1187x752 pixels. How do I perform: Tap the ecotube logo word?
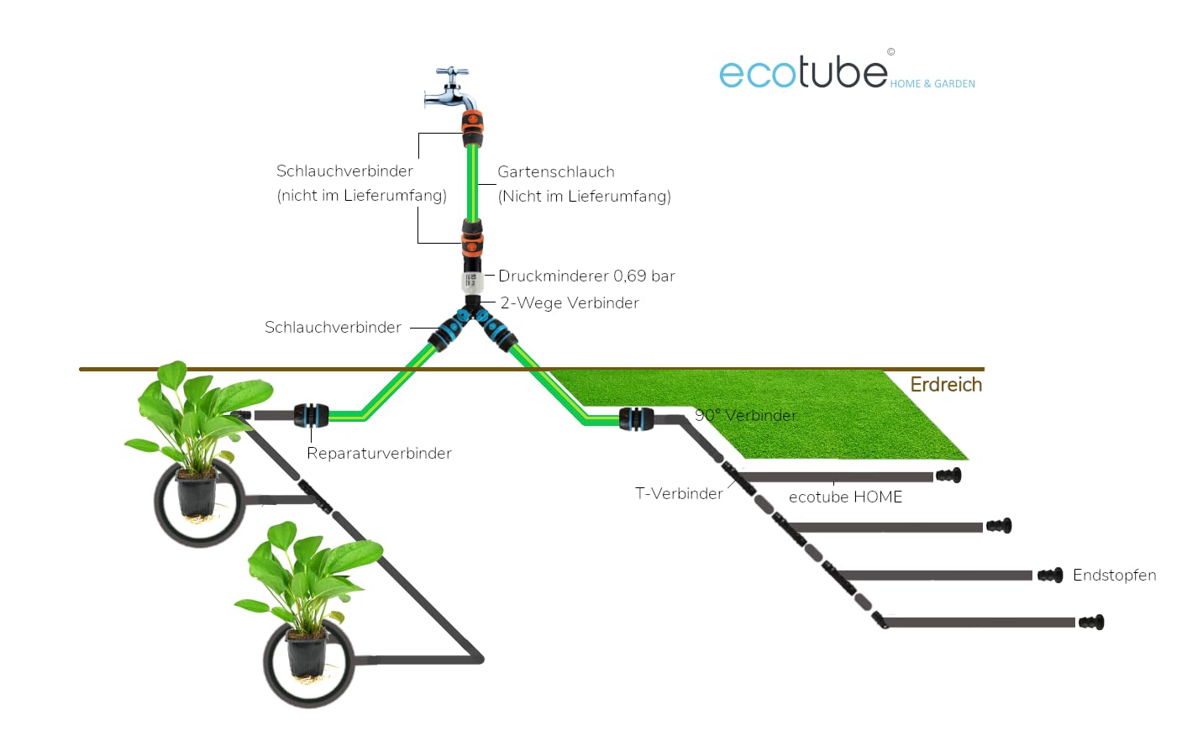[803, 73]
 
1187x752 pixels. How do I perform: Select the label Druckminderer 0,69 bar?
[586, 276]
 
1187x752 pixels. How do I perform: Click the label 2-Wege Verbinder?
[570, 302]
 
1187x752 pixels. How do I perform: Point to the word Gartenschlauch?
[556, 171]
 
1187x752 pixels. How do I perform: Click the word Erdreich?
[946, 384]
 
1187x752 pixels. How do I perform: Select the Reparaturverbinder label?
[379, 453]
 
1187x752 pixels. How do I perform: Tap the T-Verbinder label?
[679, 493]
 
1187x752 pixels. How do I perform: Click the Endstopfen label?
[1114, 575]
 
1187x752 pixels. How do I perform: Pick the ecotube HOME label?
[845, 497]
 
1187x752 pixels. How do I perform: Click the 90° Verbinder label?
[745, 415]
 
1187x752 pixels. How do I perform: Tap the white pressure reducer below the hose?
[472, 281]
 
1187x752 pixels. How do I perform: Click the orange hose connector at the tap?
[472, 127]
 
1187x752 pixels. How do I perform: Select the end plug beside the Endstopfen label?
[1050, 576]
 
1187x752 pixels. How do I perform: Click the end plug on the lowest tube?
[1091, 623]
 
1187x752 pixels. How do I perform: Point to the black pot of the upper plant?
[197, 494]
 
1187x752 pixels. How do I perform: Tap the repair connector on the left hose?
[311, 415]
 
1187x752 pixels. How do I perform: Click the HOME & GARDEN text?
[932, 84]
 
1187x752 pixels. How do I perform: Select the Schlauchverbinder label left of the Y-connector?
[333, 327]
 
